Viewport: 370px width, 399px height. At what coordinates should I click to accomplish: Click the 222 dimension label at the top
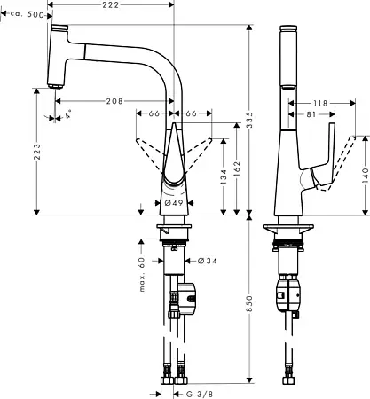click(x=111, y=5)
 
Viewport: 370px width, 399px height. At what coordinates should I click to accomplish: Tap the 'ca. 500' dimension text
click(x=27, y=14)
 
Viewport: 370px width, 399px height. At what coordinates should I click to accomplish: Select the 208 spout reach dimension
click(x=114, y=101)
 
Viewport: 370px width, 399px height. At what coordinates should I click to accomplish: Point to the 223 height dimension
click(x=36, y=152)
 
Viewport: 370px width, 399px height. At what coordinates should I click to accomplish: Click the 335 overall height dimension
click(x=250, y=120)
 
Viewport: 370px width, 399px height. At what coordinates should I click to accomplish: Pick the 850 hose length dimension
click(x=250, y=303)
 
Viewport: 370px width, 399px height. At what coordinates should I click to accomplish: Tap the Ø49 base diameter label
click(x=174, y=203)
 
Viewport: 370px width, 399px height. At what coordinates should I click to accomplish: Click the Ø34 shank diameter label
click(x=207, y=261)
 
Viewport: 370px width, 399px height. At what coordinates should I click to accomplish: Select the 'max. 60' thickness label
click(x=142, y=274)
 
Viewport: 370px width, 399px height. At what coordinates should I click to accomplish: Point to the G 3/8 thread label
click(x=200, y=394)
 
